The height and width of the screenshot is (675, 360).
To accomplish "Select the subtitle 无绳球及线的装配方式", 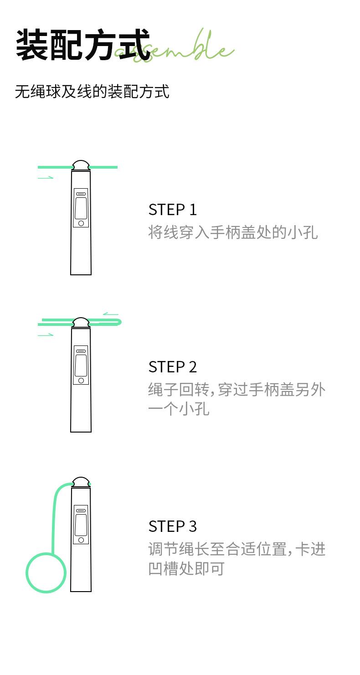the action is pyautogui.click(x=92, y=92).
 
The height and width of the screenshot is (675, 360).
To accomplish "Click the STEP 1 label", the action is pyautogui.click(x=172, y=210).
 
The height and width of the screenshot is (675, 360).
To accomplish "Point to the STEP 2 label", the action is pyautogui.click(x=172, y=367).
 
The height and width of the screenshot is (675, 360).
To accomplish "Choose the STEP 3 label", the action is pyautogui.click(x=172, y=526).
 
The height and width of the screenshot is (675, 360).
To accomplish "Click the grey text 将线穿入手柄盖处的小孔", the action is pyautogui.click(x=232, y=232).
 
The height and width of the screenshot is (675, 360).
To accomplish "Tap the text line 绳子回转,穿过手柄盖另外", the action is pyautogui.click(x=237, y=390).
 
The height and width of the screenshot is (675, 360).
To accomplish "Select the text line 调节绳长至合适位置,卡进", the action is pyautogui.click(x=237, y=549).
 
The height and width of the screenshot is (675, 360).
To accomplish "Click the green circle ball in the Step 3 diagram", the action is pyautogui.click(x=46, y=572).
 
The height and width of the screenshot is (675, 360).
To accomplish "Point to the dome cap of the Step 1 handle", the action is pyautogui.click(x=81, y=165).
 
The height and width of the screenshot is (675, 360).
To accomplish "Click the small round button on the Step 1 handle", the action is pyautogui.click(x=81, y=223).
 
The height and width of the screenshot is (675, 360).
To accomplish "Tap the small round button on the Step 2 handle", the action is pyautogui.click(x=81, y=380).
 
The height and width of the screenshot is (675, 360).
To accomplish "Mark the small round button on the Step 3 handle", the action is pyautogui.click(x=81, y=540).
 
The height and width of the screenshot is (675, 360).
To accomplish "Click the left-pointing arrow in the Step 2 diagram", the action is pyautogui.click(x=110, y=314).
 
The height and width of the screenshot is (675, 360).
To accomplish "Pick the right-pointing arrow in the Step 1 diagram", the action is pyautogui.click(x=46, y=177).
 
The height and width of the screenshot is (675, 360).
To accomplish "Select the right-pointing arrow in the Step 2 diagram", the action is pyautogui.click(x=46, y=335).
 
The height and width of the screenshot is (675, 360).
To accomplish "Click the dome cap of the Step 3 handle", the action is pyautogui.click(x=81, y=482).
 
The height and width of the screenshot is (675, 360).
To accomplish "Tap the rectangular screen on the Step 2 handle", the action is pyautogui.click(x=81, y=366).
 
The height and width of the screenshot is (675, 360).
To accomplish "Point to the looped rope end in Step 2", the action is pyautogui.click(x=118, y=322).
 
